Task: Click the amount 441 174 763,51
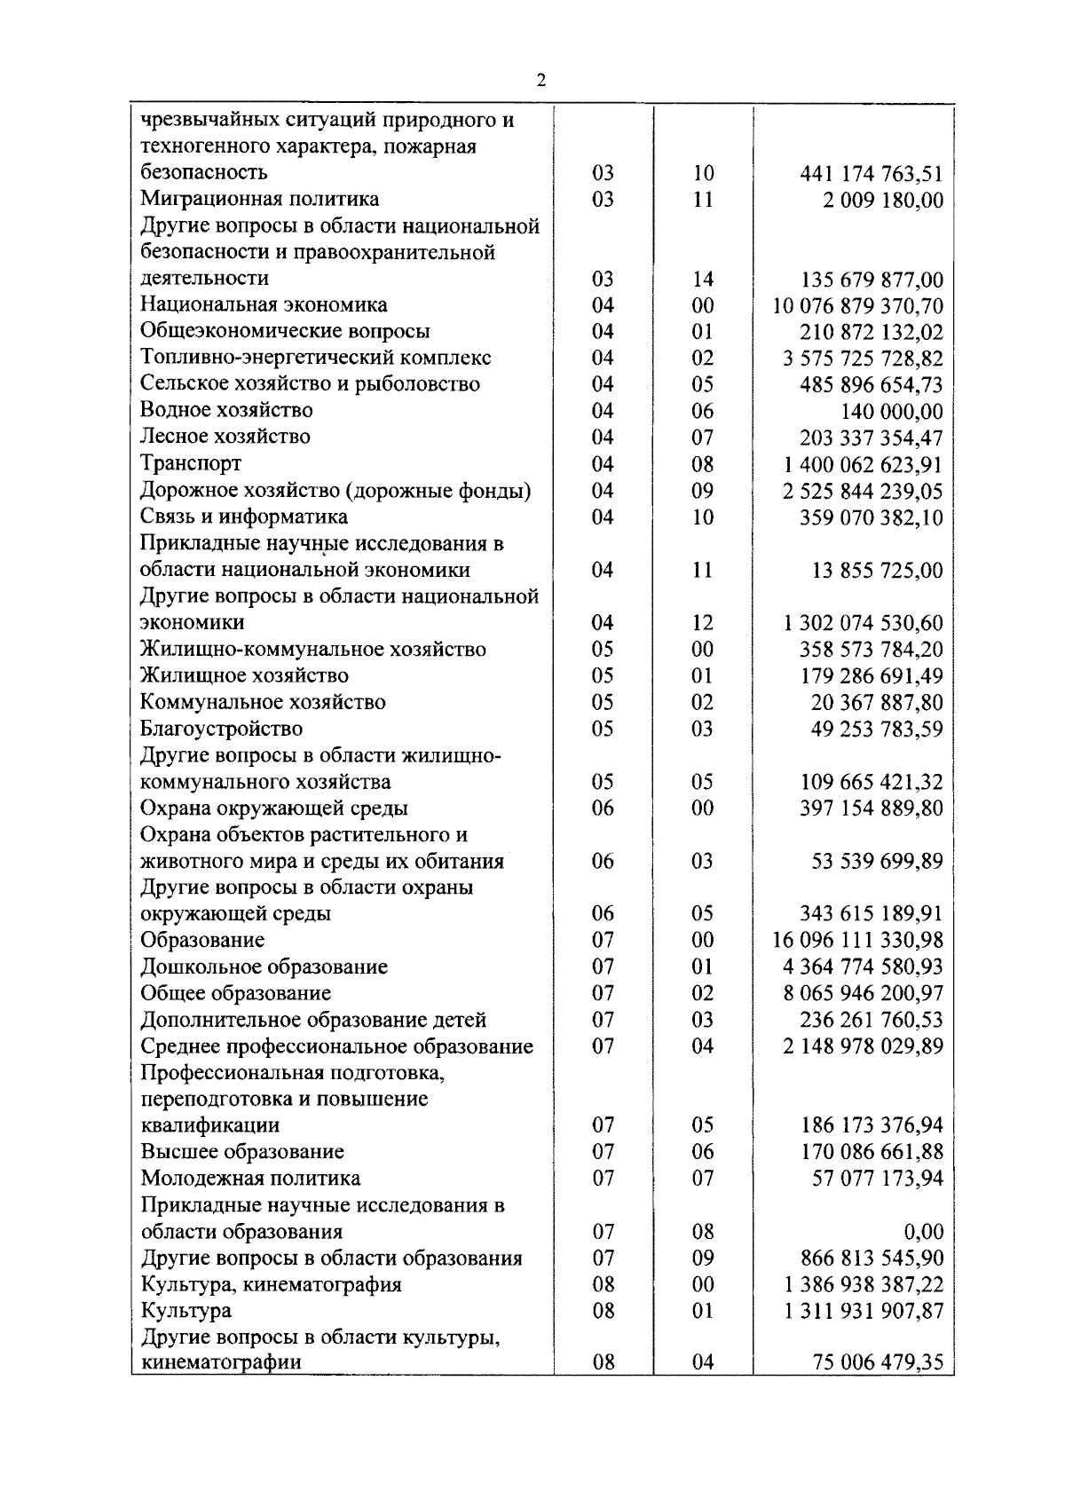[872, 174]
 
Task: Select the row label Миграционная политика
[260, 199]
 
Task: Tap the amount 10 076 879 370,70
[858, 306]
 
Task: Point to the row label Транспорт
[191, 463]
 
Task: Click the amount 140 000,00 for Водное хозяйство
[891, 412]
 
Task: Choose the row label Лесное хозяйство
[225, 437]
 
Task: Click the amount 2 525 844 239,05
[863, 492]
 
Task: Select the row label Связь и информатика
[244, 517]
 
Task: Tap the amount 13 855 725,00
[877, 571]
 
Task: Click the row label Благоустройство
[221, 729]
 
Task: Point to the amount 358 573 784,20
[872, 650]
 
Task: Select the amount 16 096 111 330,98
[858, 941]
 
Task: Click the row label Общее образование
[236, 993]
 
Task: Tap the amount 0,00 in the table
[923, 1232]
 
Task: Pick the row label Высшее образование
[242, 1152]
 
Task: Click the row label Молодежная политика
[251, 1179]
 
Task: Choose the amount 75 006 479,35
[877, 1363]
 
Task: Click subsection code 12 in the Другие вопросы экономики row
[703, 623]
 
